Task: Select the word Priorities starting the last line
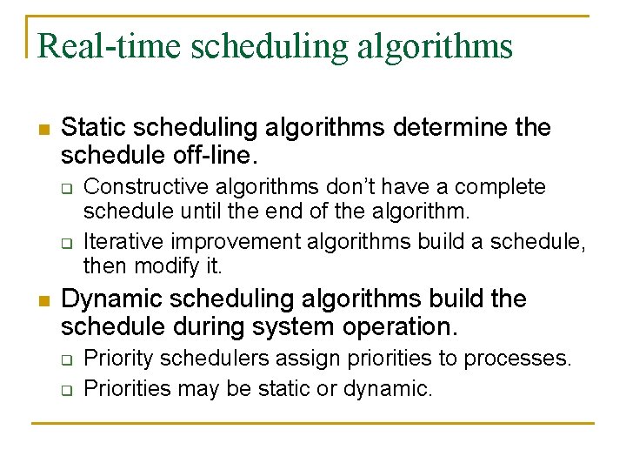[x=126, y=388]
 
